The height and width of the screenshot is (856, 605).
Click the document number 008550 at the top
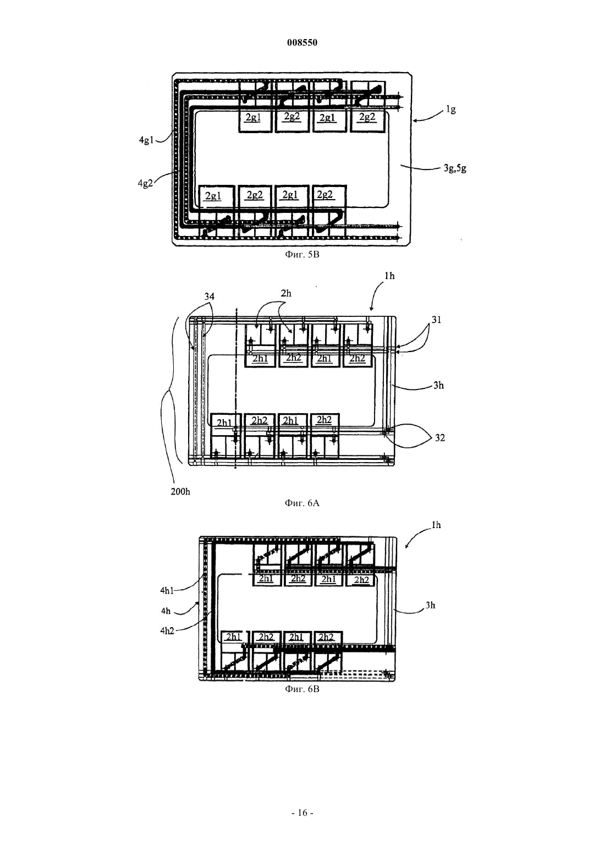click(302, 43)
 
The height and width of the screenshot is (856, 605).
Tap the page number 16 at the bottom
click(302, 813)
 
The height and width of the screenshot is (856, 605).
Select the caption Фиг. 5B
click(302, 255)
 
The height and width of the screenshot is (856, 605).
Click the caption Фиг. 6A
click(302, 503)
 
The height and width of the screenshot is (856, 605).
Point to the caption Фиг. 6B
click(302, 689)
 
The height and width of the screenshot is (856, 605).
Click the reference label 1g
click(450, 109)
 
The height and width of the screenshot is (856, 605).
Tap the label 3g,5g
click(455, 168)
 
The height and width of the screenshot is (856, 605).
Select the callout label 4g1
click(146, 140)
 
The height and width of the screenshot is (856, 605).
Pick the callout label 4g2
click(145, 183)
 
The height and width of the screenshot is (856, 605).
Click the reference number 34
click(210, 296)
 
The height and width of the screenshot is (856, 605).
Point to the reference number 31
click(436, 320)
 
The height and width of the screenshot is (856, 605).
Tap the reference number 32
click(440, 437)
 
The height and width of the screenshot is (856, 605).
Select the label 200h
click(180, 492)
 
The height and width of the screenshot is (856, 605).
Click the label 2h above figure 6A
click(285, 293)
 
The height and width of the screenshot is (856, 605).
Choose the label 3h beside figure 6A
click(438, 386)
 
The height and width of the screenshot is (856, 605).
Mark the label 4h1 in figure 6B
click(167, 591)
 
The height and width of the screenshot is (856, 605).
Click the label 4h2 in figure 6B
click(167, 631)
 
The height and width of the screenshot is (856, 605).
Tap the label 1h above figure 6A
click(389, 276)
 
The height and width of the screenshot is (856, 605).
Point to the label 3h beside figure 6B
click(430, 605)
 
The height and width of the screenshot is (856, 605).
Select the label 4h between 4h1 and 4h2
click(166, 611)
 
